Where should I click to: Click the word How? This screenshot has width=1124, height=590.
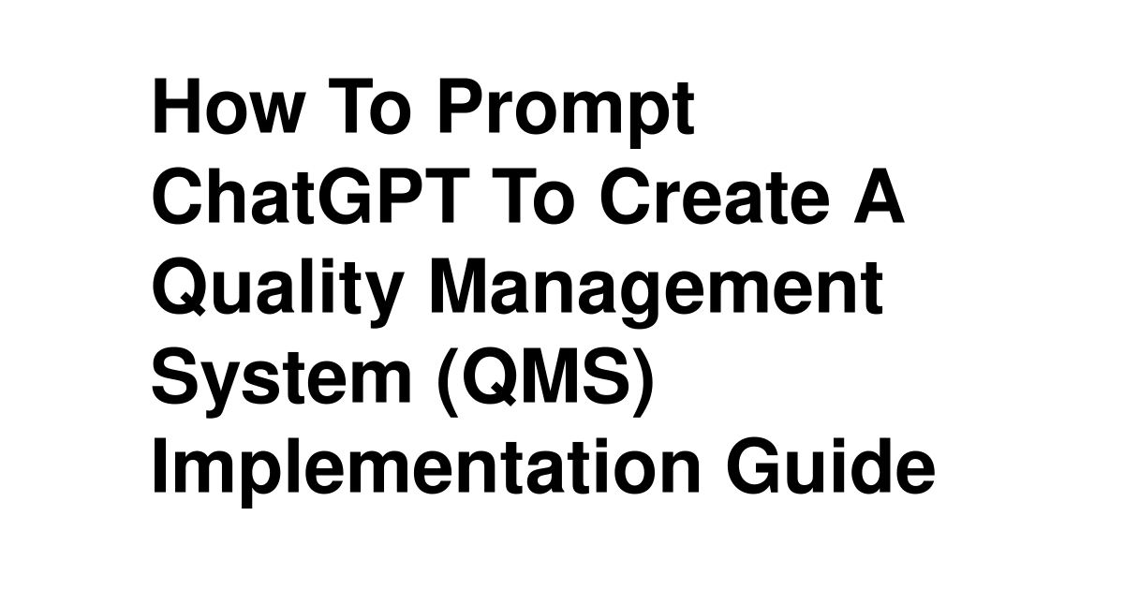coord(229,106)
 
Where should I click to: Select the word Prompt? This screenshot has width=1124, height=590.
coord(567,113)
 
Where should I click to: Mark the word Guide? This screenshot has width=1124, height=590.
coord(831,465)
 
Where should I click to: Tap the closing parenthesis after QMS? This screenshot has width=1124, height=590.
coord(643,382)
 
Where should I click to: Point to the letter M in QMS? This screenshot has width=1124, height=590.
coord(555,376)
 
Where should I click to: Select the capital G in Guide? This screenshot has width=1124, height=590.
coord(754,465)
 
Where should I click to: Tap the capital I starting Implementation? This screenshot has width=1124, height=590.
coord(160,465)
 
